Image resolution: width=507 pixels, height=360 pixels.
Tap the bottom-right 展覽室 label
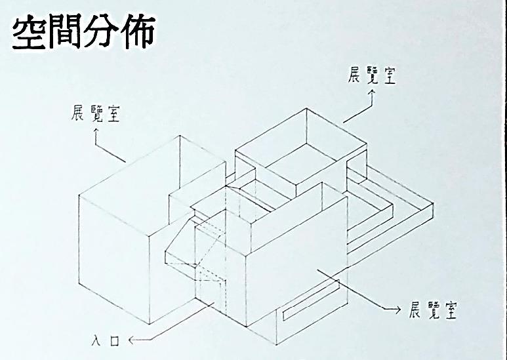point(432,309)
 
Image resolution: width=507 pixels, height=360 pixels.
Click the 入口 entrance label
point(110,340)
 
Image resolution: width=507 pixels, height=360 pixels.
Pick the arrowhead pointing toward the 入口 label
point(132,340)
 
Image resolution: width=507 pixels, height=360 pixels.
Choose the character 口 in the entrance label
point(119,340)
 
